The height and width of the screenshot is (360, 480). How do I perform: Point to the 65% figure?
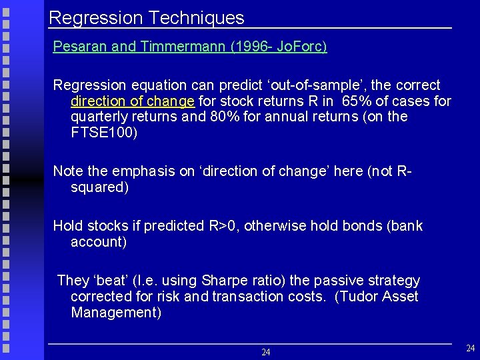click(356, 101)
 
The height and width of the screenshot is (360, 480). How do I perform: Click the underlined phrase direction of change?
click(132, 101)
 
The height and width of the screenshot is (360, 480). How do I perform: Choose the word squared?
click(99, 187)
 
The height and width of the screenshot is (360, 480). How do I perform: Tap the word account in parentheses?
click(98, 241)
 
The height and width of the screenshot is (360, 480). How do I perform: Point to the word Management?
click(115, 312)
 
